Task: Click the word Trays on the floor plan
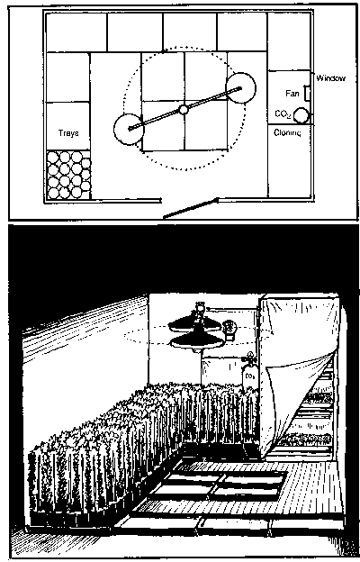[68, 133]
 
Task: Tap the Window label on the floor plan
[330, 78]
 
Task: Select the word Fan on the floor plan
[292, 93]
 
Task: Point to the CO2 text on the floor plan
[283, 114]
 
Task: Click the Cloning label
[287, 133]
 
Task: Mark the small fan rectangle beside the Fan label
[307, 93]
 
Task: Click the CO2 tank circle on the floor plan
[301, 115]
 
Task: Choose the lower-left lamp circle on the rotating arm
[129, 129]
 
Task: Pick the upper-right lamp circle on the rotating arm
[240, 87]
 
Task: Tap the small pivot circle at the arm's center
[184, 109]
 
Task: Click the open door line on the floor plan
[190, 208]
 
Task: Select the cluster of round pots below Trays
[68, 175]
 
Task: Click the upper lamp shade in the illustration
[195, 325]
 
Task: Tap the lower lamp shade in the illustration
[197, 342]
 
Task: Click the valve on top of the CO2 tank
[249, 358]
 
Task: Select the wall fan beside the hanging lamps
[229, 330]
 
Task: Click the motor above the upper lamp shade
[200, 309]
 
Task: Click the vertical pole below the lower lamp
[201, 369]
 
